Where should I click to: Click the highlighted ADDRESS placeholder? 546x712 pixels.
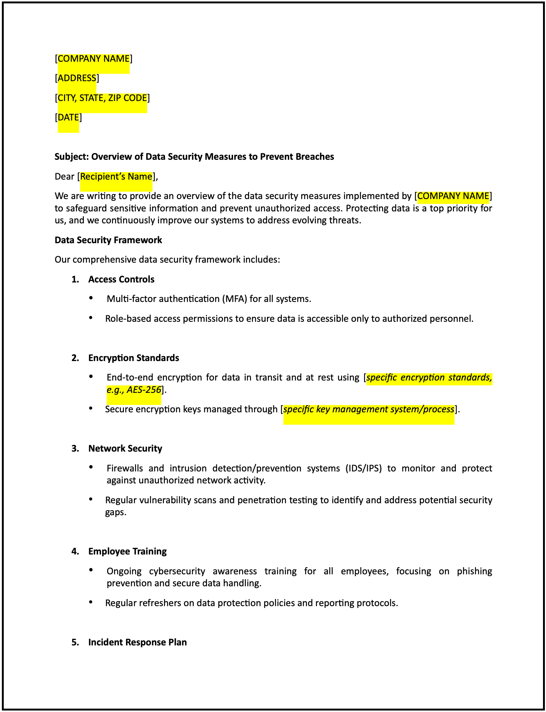coord(77,78)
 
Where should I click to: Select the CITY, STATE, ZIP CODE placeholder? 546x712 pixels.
coord(102,98)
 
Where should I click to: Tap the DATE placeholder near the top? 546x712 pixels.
coord(68,117)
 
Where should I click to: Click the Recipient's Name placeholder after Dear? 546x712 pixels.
coord(116,177)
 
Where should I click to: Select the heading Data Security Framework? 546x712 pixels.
coord(108,240)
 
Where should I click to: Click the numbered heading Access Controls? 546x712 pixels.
coord(121,279)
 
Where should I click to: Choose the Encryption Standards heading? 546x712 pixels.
coord(134,358)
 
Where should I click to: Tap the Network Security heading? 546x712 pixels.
coord(125,449)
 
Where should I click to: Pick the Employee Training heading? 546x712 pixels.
coord(127,551)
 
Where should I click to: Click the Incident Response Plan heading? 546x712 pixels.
coord(137,642)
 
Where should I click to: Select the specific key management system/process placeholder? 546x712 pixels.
coord(369,409)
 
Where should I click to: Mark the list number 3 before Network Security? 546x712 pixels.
coord(75,449)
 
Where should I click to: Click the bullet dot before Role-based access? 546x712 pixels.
coord(91,318)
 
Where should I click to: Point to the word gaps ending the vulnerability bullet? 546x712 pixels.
coord(115,512)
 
